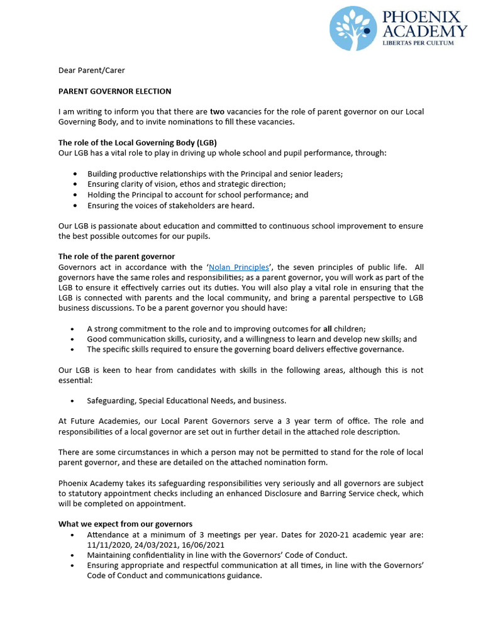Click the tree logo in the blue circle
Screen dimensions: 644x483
click(x=353, y=28)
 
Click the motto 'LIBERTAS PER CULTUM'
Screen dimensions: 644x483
click(x=425, y=45)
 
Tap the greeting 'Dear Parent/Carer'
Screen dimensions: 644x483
click(x=92, y=70)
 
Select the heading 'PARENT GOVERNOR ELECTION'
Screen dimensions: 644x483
click(x=115, y=91)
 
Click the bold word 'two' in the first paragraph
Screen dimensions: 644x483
click(x=217, y=112)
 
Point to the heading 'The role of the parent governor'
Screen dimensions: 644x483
click(x=117, y=257)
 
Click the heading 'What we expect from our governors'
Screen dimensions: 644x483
click(x=126, y=524)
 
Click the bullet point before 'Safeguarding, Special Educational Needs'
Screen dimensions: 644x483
click(x=74, y=401)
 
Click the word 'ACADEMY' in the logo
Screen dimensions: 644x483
click(x=425, y=31)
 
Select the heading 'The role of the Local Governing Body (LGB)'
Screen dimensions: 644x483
click(x=138, y=143)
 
